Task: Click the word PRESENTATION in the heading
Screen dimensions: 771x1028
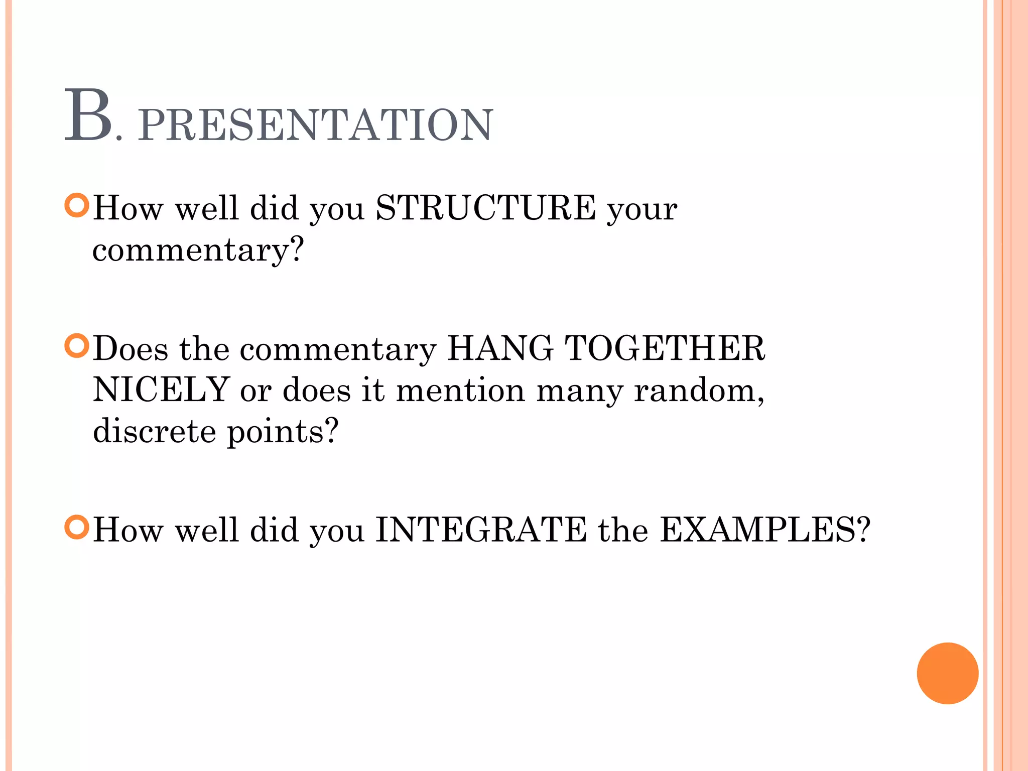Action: tap(315, 125)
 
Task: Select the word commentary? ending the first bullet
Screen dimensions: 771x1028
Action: tap(198, 249)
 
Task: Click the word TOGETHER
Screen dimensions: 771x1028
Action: tap(665, 348)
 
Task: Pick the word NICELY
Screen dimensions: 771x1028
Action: tap(161, 390)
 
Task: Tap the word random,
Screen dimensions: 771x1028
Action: tap(699, 390)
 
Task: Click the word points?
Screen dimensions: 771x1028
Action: tap(283, 432)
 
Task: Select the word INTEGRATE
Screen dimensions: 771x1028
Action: tap(481, 530)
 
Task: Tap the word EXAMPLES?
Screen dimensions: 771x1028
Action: tap(764, 530)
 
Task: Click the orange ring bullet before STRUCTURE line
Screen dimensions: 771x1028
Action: tap(77, 205)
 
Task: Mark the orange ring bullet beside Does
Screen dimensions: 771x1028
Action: tap(77, 346)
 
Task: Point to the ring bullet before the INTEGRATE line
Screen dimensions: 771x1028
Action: tap(77, 527)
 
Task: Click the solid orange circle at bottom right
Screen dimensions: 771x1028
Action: tap(947, 673)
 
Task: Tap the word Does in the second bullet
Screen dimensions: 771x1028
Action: tap(131, 348)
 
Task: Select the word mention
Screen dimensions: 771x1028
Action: tap(460, 390)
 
